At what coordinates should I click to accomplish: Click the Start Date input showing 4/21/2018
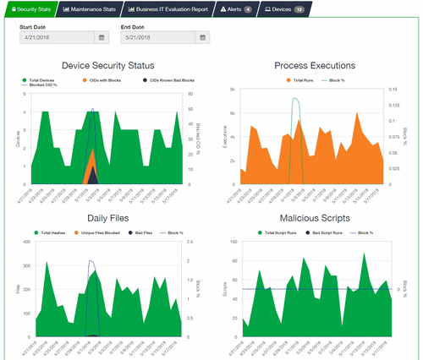click(57, 37)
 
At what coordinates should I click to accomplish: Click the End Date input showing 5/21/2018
click(157, 37)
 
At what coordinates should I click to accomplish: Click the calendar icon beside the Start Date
click(102, 37)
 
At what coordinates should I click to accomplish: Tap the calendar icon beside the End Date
click(203, 37)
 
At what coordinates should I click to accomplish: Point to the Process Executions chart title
click(315, 65)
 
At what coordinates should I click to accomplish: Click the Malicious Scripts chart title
click(315, 217)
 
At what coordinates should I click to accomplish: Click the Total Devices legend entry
click(55, 79)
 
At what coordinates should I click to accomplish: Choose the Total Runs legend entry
click(303, 79)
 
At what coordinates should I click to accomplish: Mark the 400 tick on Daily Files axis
click(28, 243)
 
